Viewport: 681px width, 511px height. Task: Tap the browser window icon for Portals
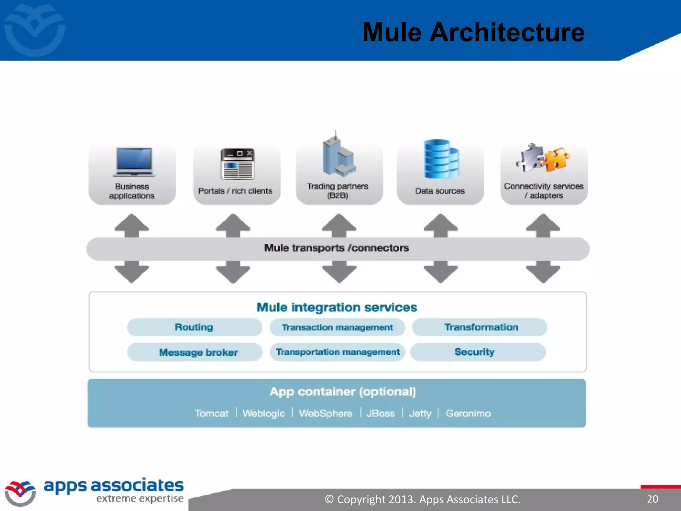point(237,164)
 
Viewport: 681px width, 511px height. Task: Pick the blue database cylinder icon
point(441,159)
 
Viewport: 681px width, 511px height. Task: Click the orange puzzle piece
point(556,159)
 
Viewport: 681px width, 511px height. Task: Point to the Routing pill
point(194,327)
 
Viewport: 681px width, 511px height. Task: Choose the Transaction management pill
point(337,327)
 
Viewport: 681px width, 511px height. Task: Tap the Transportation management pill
point(337,352)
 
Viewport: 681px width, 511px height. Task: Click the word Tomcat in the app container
point(211,414)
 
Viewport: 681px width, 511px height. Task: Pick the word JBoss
point(380,414)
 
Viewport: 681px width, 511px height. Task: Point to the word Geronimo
point(468,414)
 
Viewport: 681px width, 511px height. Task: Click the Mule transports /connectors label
point(337,248)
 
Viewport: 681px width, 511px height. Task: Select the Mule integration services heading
point(337,307)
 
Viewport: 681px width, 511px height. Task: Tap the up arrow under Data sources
point(440,225)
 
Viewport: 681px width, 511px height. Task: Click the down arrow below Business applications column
point(131,271)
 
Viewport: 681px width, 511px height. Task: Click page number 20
point(652,499)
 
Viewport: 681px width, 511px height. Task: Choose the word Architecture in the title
point(507,33)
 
